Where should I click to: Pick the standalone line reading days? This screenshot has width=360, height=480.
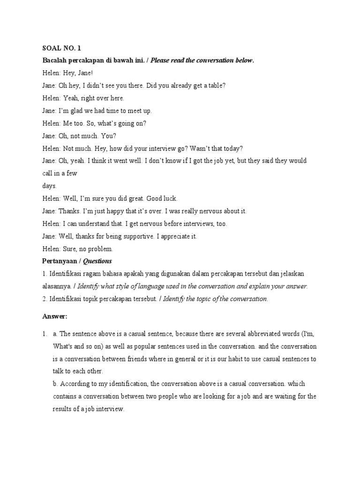pos(50,186)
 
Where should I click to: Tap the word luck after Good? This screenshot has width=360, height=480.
pos(169,199)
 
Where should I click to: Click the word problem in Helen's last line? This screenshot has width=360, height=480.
pos(101,249)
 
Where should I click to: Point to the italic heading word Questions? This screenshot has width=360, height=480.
pos(97,261)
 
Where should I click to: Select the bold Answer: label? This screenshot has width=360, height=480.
pos(55,317)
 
